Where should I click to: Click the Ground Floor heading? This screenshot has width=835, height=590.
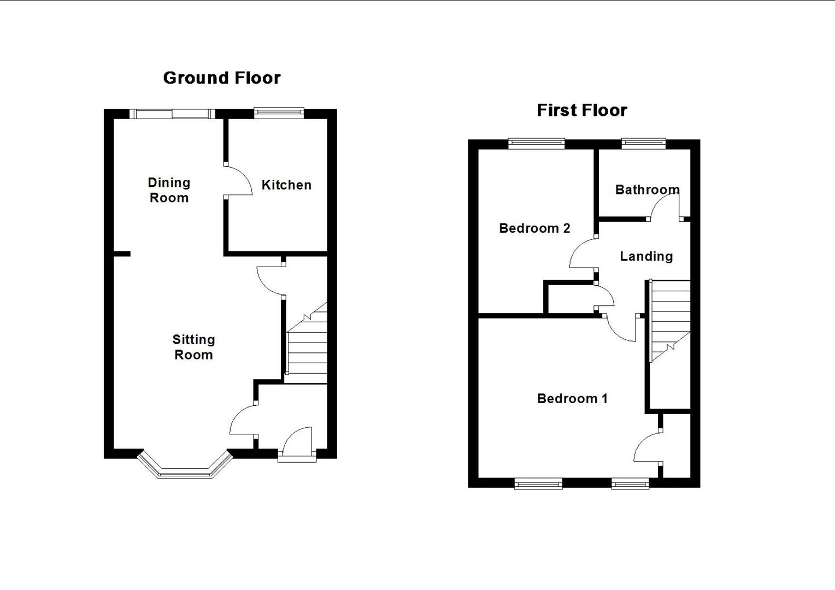point(222,78)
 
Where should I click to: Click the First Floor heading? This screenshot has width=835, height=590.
point(581,110)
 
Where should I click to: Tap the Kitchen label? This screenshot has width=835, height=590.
point(286,185)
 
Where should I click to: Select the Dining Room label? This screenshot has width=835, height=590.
point(169,190)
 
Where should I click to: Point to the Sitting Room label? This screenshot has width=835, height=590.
point(193,347)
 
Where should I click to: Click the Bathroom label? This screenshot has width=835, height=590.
point(647,190)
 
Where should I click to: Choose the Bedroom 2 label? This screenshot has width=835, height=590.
point(534,228)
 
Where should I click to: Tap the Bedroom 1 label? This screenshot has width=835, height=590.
point(572,399)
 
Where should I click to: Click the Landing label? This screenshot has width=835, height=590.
point(646,256)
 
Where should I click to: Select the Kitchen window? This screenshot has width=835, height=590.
point(279,113)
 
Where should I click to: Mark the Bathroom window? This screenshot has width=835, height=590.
point(643,144)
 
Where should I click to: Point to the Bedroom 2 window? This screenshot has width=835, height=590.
point(536,144)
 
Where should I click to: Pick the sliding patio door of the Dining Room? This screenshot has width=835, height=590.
point(172,114)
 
